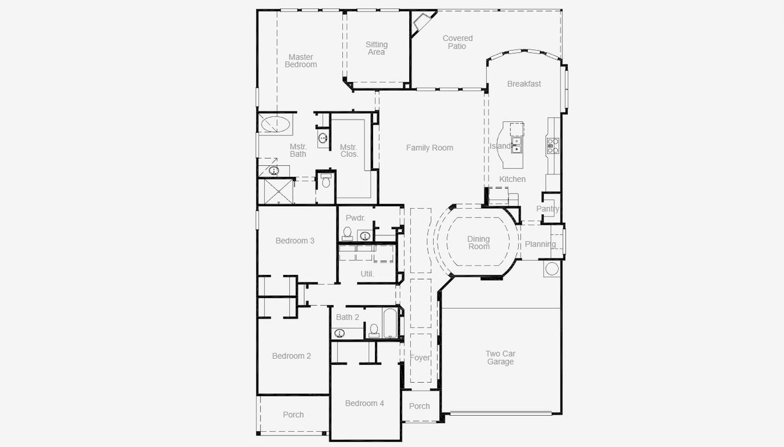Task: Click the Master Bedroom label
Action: (301, 61)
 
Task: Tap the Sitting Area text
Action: (377, 48)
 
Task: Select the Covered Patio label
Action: (458, 42)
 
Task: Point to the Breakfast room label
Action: (524, 84)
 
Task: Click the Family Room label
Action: (429, 148)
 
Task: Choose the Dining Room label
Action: (478, 243)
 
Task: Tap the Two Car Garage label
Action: (500, 358)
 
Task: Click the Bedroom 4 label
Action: (364, 404)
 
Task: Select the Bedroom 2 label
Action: (292, 356)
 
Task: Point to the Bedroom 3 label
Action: (295, 241)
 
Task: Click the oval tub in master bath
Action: (275, 124)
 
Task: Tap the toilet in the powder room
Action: (347, 233)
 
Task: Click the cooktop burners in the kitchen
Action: (552, 146)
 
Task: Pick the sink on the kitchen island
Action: (516, 145)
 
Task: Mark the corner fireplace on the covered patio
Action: (421, 23)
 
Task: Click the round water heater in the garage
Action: (551, 269)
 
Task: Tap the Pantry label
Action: (548, 209)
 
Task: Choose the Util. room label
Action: (367, 274)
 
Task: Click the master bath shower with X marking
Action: (276, 191)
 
